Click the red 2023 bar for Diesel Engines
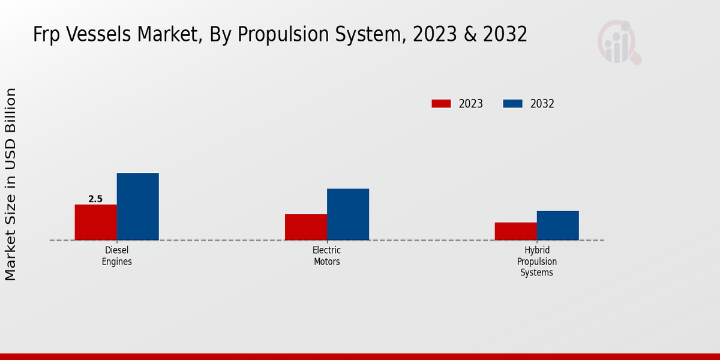(95, 222)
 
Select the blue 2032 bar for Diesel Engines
(137, 206)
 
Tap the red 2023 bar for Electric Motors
(306, 227)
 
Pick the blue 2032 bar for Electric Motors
(348, 214)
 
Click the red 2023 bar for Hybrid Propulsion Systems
(515, 231)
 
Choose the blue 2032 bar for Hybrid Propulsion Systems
(557, 225)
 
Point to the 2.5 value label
(95, 199)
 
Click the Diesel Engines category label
(117, 256)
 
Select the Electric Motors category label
(327, 256)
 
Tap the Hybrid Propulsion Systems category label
(537, 262)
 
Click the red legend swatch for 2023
(441, 104)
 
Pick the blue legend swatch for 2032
(512, 104)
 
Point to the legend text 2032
(542, 104)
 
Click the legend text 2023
(471, 104)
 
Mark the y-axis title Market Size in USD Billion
(11, 184)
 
